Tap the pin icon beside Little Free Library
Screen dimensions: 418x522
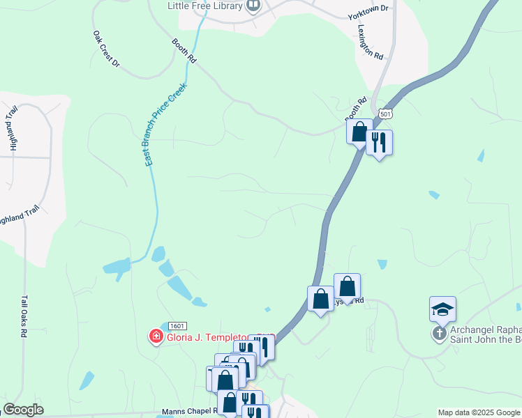coord(253,6)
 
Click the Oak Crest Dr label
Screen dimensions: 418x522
coord(106,49)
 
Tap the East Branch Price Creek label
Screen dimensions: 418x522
coord(165,124)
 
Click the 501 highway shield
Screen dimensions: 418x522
coord(385,114)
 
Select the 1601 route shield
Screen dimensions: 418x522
coord(178,326)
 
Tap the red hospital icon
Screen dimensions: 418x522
coord(156,337)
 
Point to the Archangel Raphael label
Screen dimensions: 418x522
coord(481,330)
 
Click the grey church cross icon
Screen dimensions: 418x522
coord(440,333)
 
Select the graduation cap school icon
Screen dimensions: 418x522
coord(442,308)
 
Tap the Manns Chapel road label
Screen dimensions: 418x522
coord(190,411)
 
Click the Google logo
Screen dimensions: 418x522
coord(23,410)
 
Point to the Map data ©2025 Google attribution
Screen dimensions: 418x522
coord(478,412)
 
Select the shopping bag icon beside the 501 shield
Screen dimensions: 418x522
coord(359,131)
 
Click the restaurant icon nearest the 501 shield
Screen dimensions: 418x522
coord(378,142)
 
